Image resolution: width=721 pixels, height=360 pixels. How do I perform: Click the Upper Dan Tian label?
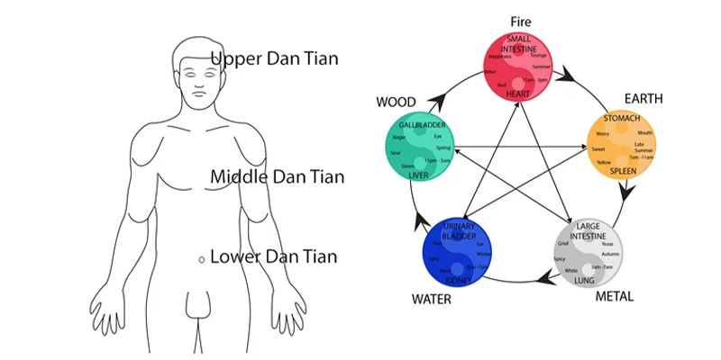(274, 59)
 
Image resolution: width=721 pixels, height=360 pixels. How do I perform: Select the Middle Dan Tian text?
(277, 176)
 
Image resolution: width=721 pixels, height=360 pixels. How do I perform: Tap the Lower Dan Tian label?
(273, 257)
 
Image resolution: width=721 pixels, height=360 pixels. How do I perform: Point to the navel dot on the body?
(201, 259)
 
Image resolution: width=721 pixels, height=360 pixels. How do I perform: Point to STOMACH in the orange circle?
(620, 119)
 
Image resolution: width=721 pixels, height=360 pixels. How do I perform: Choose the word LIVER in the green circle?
(418, 175)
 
